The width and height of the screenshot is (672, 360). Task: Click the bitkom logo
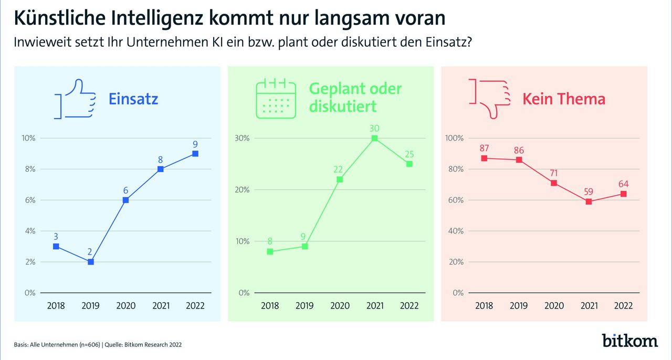(629, 340)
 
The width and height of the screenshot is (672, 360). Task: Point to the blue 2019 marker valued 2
(90, 261)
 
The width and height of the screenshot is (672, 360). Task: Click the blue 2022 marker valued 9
(195, 153)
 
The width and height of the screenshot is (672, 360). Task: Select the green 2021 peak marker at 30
(374, 138)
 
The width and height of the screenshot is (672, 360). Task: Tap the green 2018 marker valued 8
(270, 251)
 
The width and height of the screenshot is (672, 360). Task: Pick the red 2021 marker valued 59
(589, 202)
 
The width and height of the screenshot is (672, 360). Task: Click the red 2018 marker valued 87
(484, 158)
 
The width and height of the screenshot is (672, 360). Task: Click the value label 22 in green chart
(339, 168)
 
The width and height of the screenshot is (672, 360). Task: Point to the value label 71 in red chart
(553, 172)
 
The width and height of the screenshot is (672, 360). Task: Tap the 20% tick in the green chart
(242, 189)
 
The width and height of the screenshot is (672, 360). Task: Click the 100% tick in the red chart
(455, 138)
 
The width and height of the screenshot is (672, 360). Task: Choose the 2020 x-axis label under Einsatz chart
(125, 305)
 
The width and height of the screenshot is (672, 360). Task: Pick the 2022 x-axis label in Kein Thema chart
(623, 305)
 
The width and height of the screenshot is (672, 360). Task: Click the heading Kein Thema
(564, 99)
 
